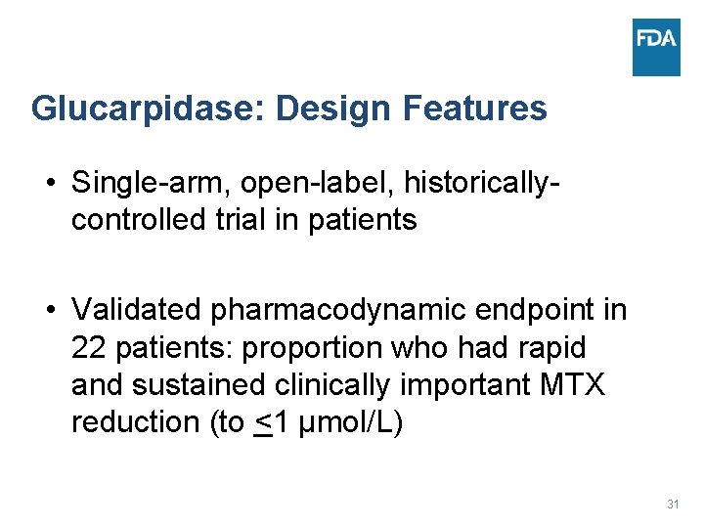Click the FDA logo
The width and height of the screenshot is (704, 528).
(656, 47)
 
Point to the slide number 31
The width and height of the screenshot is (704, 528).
(673, 505)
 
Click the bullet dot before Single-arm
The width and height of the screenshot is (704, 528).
(47, 184)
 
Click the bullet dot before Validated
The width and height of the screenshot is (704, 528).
(47, 311)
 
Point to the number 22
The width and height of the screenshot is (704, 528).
(88, 348)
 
